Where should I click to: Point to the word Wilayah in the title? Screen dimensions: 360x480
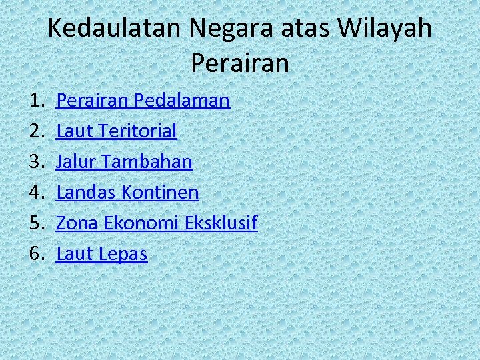[385, 29]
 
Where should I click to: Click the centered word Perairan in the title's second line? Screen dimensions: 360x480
[240, 63]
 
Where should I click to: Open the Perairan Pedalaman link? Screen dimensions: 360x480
[143, 101]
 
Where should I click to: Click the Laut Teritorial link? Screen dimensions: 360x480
[117, 131]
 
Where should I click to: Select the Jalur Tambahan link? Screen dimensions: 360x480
[124, 162]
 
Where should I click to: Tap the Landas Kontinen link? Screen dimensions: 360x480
[127, 193]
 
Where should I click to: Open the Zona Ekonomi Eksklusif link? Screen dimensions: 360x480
[157, 223]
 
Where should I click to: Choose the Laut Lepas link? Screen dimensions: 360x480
[101, 254]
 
